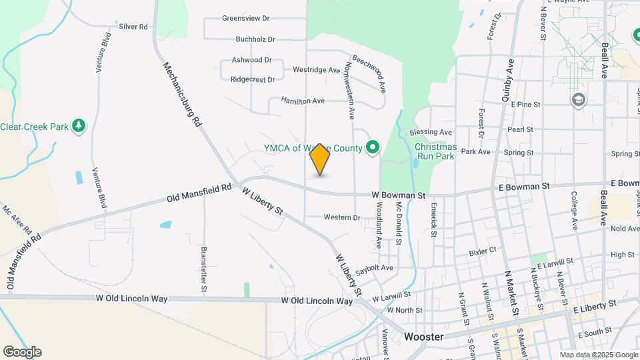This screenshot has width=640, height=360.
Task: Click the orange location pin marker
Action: click(320, 159)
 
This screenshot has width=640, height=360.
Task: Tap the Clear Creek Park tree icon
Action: click(79, 125)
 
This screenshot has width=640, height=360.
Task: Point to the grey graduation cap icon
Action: click(578, 100)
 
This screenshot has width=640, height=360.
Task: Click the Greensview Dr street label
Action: click(246, 18)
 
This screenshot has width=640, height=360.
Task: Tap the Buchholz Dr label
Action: click(255, 40)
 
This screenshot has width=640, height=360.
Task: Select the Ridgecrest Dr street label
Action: click(253, 79)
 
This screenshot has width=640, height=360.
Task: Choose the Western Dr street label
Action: click(342, 217)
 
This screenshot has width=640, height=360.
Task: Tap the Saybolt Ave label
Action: click(374, 268)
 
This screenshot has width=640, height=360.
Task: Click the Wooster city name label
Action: click(424, 337)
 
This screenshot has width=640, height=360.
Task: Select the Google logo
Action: click(22, 351)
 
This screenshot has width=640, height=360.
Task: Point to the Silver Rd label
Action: click(133, 27)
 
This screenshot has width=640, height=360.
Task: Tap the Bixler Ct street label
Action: click(483, 251)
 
